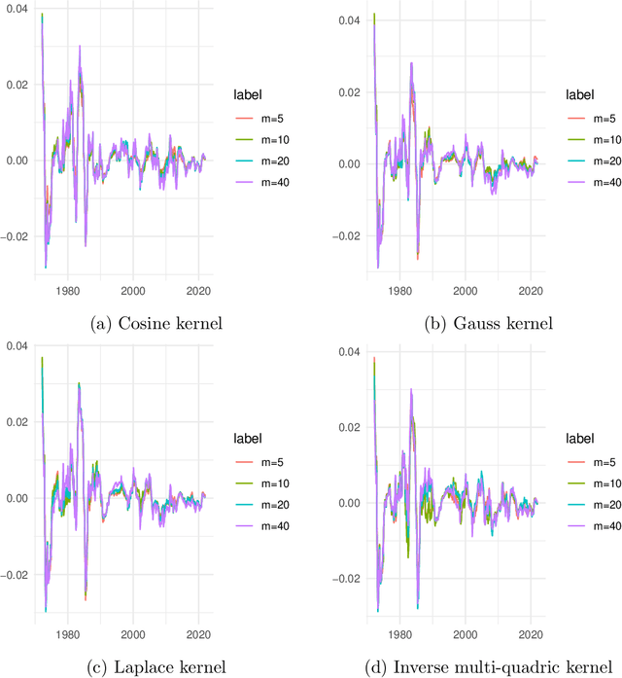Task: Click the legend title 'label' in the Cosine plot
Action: pos(247,93)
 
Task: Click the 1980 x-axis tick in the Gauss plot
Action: pos(398,291)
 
